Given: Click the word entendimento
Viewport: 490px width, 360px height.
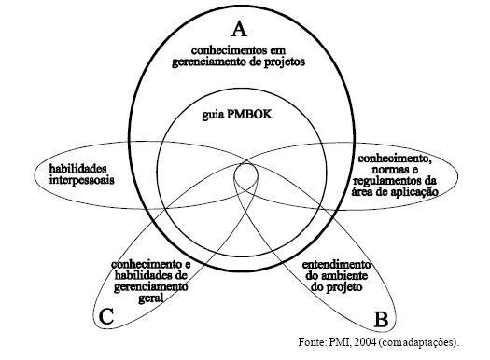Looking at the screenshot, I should point(335,266).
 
